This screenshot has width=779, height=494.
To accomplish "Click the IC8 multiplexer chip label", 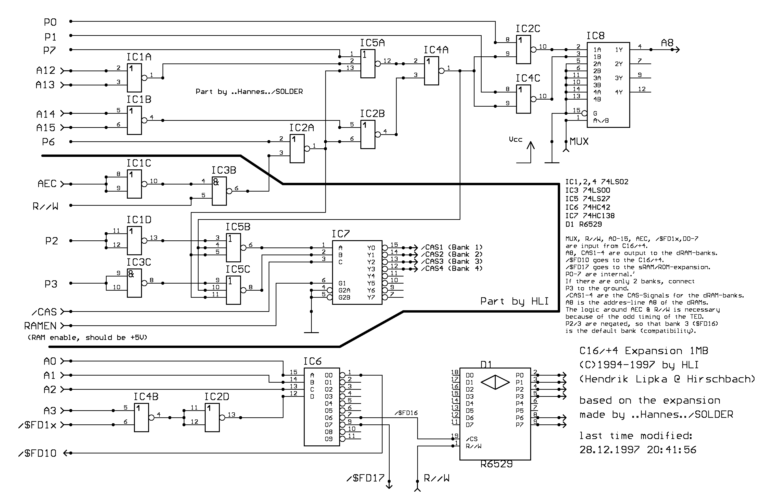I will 595,36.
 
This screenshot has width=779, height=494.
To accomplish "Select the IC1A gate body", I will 134,78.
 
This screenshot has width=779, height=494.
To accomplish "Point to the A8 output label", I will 667,43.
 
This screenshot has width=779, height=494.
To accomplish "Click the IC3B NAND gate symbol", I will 219,191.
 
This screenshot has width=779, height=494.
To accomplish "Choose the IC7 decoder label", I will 341,234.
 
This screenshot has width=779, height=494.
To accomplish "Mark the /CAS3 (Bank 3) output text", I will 451,261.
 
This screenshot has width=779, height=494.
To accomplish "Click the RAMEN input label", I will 40,326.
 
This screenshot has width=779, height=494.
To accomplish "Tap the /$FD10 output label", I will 37,453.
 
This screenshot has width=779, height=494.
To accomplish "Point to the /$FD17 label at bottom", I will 366,478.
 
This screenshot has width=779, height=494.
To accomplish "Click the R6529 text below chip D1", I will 496,465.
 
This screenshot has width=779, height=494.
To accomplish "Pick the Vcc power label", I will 515,139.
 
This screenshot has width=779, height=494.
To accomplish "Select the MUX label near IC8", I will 579,141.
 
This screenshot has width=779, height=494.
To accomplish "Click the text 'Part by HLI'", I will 514,301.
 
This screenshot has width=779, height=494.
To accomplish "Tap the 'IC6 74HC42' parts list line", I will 587,207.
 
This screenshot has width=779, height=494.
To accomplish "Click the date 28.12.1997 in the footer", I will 609,450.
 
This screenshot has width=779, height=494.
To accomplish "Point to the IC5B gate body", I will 233,247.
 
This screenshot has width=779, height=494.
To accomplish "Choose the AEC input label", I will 47,184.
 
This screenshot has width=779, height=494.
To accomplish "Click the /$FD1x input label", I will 37,425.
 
